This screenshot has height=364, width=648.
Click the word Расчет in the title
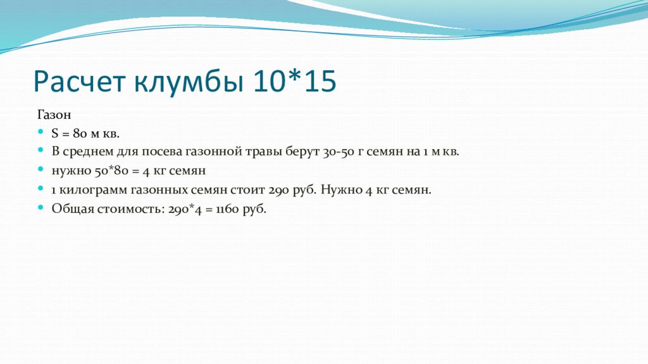(79, 81)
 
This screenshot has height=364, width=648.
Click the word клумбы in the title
(189, 82)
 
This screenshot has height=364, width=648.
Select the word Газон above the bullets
(54, 114)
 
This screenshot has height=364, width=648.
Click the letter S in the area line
(55, 133)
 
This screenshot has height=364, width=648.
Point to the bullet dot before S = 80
(40, 131)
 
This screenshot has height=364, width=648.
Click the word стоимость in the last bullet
(130, 209)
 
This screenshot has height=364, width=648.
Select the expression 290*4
(185, 209)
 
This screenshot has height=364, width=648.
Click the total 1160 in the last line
(227, 209)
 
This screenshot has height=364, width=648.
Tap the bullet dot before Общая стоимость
(40, 207)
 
